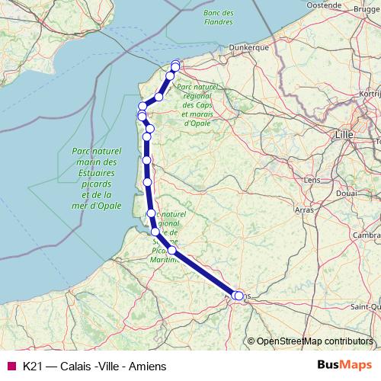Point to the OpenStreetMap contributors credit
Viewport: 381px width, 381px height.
click(314, 341)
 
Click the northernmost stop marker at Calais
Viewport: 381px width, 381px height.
click(176, 65)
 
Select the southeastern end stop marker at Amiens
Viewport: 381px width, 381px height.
click(240, 296)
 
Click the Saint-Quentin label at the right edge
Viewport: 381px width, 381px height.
click(367, 306)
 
